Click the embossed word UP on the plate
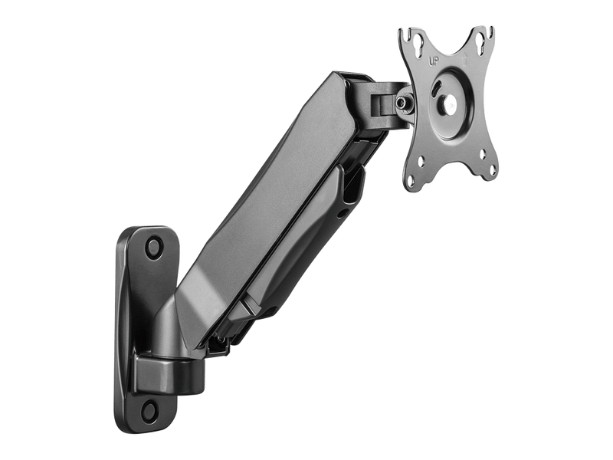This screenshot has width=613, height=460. coord(433,61)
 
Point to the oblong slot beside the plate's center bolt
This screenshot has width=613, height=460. coord(436,87)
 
